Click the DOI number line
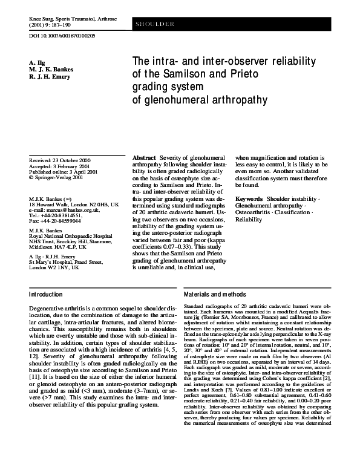(x=62, y=36)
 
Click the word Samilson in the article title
(x=185, y=74)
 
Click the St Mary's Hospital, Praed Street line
(x=66, y=263)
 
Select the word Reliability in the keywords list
(x=249, y=220)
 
